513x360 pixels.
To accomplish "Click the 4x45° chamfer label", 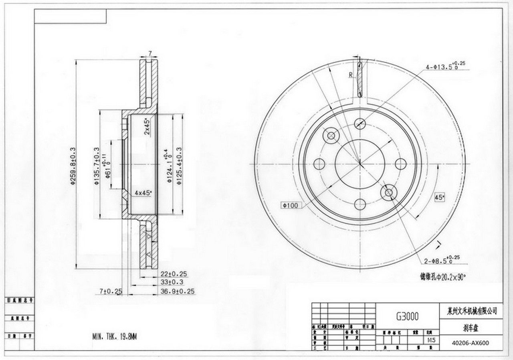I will pyautogui.click(x=143, y=193).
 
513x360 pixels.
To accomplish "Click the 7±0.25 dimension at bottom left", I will pyautogui.click(x=110, y=291).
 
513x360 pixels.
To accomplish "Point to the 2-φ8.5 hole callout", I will pyautogui.click(x=442, y=261).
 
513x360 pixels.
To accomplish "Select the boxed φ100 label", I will pyautogui.click(x=290, y=206).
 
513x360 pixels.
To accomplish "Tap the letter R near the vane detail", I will pyautogui.click(x=350, y=74).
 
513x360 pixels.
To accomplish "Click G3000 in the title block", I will pyautogui.click(x=407, y=316).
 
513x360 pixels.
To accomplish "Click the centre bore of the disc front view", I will pyautogui.click(x=360, y=164).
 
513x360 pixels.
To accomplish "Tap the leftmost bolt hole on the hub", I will pyautogui.click(x=319, y=164).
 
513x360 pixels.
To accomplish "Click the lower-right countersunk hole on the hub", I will pyautogui.click(x=388, y=193).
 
